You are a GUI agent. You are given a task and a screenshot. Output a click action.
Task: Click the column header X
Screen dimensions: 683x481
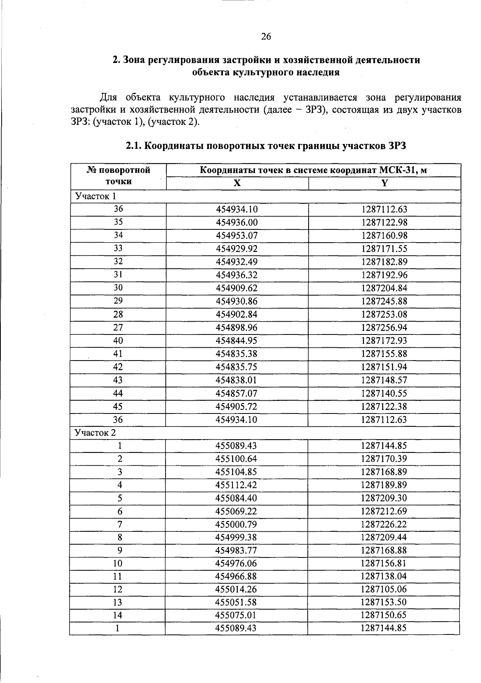click(x=237, y=183)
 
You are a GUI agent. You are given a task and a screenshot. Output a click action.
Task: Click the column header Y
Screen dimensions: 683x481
click(x=384, y=183)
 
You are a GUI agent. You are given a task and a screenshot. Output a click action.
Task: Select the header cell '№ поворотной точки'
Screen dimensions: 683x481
click(x=118, y=176)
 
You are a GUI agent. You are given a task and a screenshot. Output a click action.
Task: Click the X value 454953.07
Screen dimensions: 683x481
click(x=236, y=235)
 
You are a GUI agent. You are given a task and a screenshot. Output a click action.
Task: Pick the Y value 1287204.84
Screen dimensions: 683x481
click(x=384, y=288)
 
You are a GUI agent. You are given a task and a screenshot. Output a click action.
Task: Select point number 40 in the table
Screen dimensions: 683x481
click(x=118, y=340)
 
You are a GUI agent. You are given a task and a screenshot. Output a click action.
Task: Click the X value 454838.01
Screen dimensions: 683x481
click(x=236, y=380)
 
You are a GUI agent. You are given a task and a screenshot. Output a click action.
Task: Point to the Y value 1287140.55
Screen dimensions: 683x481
click(x=384, y=393)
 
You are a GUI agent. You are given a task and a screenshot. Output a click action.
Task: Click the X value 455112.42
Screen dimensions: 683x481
click(x=236, y=485)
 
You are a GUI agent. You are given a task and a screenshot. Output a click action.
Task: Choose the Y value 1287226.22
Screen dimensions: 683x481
click(x=384, y=525)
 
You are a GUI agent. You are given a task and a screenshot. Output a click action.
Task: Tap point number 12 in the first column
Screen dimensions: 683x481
click(x=117, y=590)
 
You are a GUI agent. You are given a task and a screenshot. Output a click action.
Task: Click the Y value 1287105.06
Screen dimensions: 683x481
click(x=384, y=590)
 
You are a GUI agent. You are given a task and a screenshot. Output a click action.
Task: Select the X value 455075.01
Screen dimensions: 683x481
click(x=236, y=616)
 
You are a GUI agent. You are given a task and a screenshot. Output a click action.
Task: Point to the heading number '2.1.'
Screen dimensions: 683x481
click(x=134, y=146)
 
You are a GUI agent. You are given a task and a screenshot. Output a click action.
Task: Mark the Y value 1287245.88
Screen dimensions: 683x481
click(x=384, y=301)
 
